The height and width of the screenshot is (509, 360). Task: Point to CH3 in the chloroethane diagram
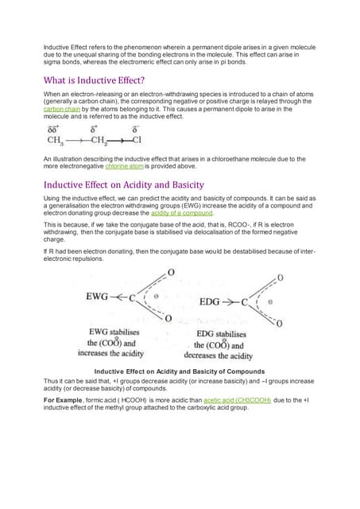click(x=56, y=141)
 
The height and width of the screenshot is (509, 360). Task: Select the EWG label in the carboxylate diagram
click(x=99, y=297)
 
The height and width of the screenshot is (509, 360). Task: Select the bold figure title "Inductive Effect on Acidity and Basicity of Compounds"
click(x=179, y=371)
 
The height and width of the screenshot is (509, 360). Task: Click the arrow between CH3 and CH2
click(x=77, y=142)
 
